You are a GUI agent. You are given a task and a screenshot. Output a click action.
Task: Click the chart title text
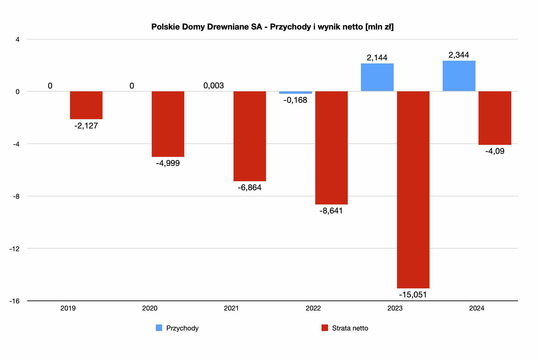[272, 27]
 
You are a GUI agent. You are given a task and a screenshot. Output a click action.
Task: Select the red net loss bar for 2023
[413, 189]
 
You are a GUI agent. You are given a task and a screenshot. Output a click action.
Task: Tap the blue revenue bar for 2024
[459, 76]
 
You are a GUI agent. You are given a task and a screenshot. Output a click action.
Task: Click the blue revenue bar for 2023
[377, 77]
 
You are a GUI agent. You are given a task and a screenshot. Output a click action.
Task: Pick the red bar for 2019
[86, 105]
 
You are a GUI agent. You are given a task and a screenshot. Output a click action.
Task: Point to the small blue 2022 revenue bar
[295, 92]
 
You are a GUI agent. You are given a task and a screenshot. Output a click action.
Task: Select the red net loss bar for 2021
[250, 136]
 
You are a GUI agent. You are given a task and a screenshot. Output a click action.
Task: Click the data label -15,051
[413, 294]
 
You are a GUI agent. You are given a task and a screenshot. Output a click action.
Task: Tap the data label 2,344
[459, 55]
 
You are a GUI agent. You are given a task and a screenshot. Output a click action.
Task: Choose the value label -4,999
[168, 163]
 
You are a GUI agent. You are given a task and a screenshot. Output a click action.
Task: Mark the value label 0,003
[214, 86]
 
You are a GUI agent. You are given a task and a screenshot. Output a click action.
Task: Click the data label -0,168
[295, 100]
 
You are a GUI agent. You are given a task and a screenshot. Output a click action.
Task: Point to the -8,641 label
[331, 211]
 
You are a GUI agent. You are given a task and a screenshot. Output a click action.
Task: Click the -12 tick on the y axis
[14, 249]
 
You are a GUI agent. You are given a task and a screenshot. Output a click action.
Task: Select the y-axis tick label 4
[17, 39]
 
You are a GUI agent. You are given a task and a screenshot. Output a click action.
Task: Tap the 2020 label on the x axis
[150, 308]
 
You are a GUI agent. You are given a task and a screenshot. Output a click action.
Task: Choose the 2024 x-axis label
[477, 308]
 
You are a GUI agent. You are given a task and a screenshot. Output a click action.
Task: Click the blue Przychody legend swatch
[159, 328]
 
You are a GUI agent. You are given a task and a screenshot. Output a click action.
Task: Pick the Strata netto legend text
[350, 328]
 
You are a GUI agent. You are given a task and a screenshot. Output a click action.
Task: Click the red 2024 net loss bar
[495, 118]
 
